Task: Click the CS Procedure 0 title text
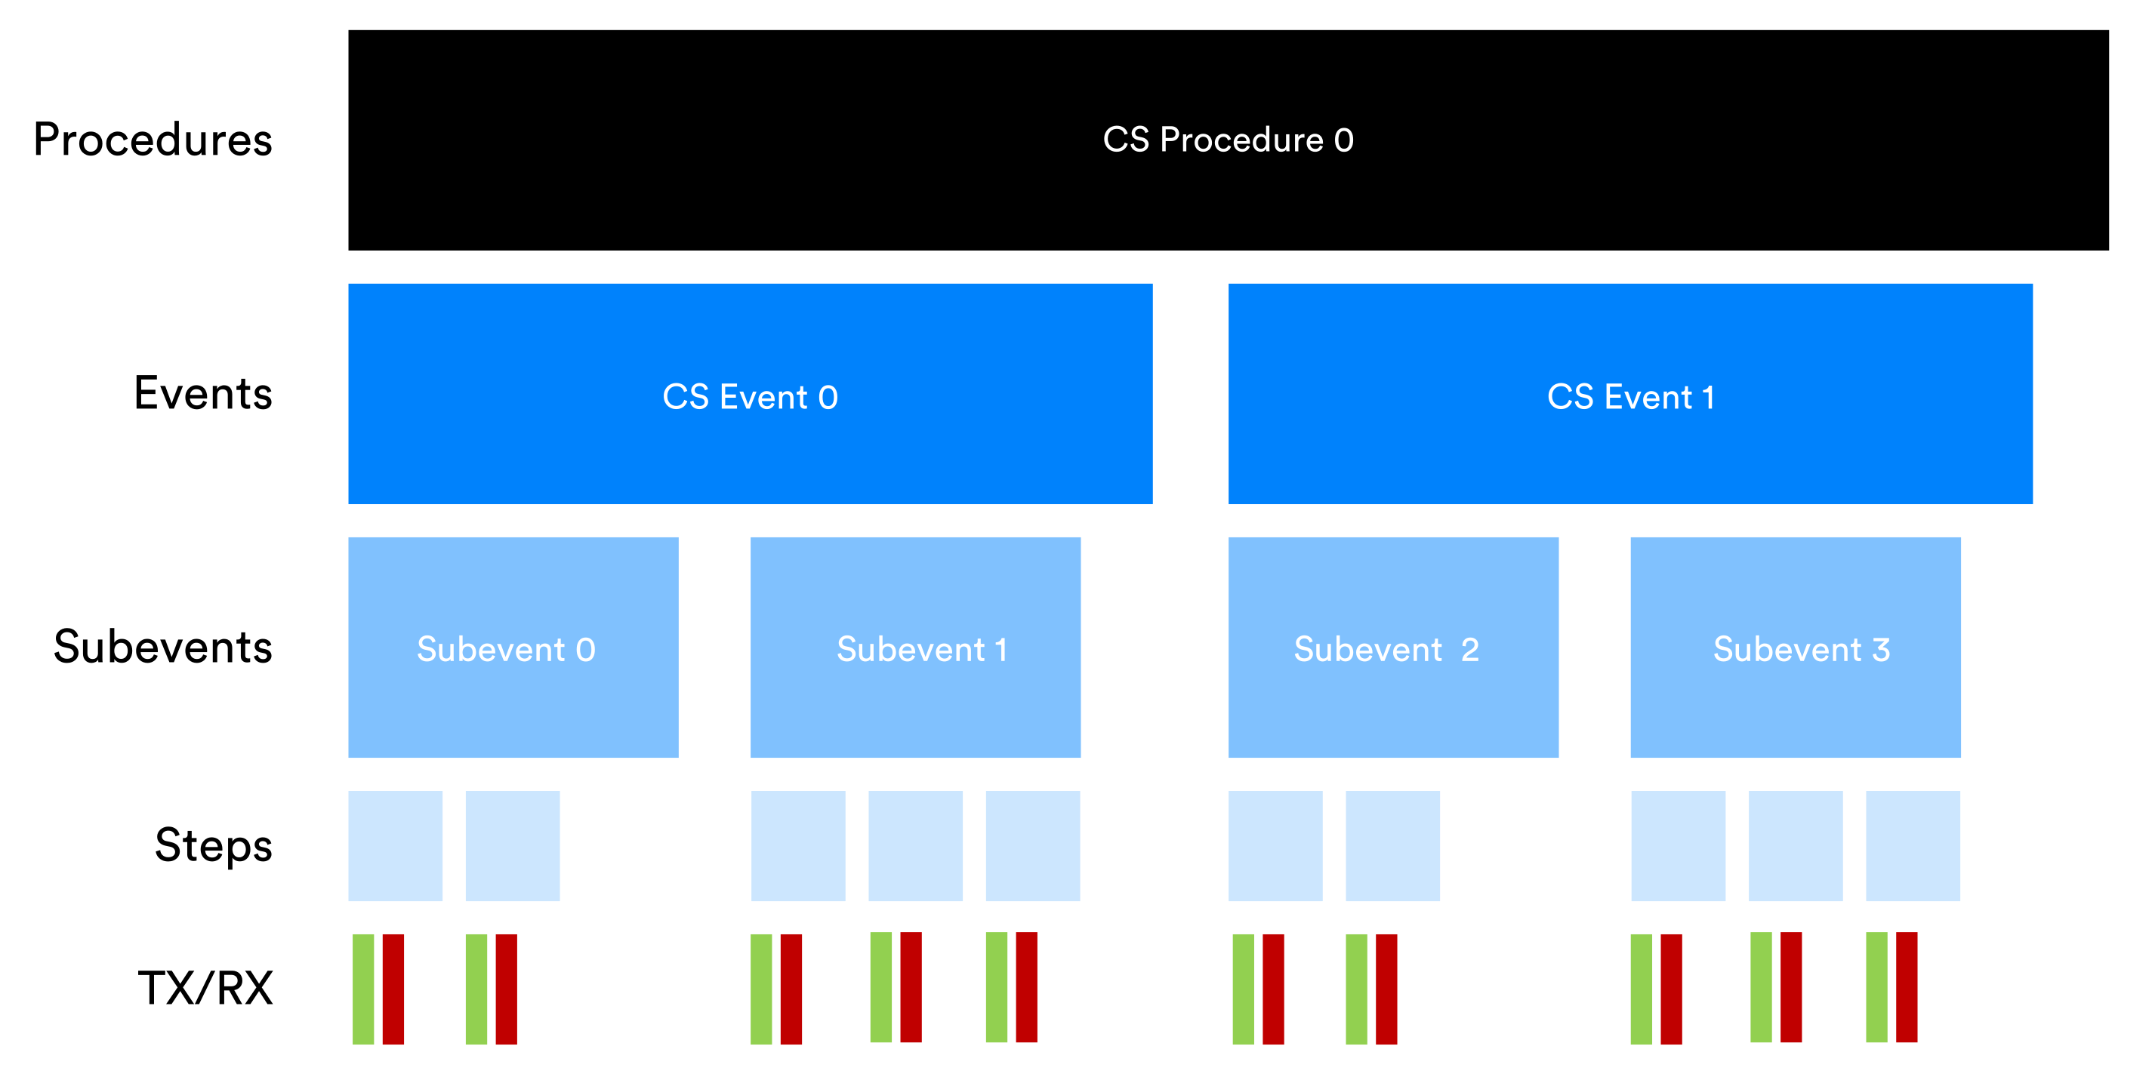1227,140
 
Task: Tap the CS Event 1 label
1630,397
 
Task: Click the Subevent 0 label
506,649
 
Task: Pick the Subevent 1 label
921,649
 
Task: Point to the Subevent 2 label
1386,649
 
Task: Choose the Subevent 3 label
1801,649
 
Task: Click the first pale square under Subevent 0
395,845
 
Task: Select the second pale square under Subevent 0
512,845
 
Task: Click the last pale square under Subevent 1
1032,845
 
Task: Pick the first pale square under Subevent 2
1275,845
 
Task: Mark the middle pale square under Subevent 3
1796,845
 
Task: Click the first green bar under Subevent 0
363,989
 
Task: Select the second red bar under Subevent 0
506,989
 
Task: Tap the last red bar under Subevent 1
1026,987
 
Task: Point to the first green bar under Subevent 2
1243,989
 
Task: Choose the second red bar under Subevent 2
1386,989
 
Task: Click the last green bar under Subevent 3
1876,987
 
